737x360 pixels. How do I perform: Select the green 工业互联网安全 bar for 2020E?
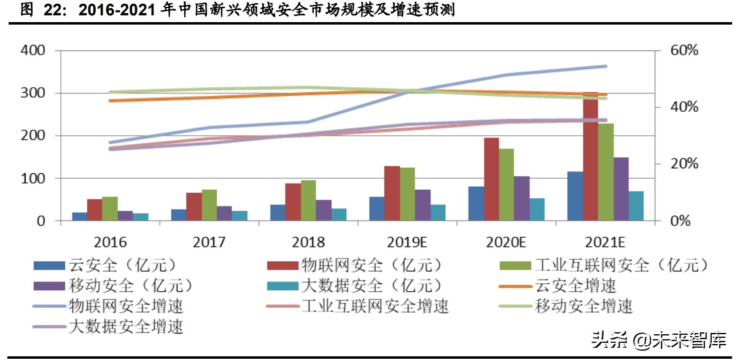[506, 184]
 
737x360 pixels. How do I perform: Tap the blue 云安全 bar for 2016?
[80, 216]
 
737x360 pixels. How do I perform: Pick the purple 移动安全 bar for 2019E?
[423, 205]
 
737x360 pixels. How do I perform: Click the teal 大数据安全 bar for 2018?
[338, 214]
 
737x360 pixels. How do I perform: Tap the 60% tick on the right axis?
[683, 50]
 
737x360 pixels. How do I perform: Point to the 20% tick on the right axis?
[683, 164]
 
